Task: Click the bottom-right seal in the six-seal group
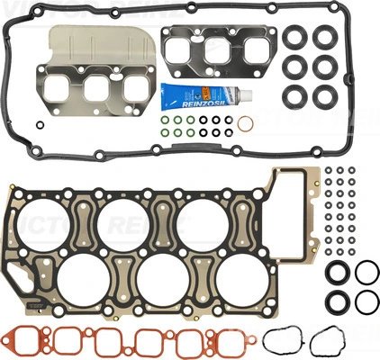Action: [322, 94]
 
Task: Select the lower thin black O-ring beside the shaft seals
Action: [366, 301]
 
